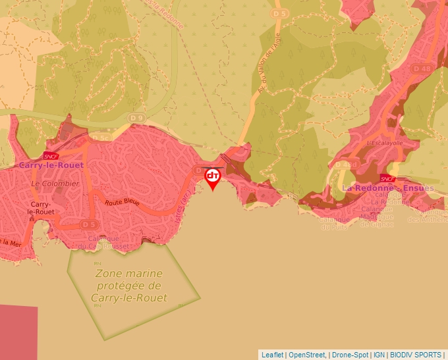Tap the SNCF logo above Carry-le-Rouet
[49, 156]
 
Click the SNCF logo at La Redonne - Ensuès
[387, 178]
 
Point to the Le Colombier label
[55, 184]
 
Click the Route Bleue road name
[122, 203]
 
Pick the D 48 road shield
[422, 68]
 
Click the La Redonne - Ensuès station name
[388, 188]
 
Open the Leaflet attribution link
[273, 355]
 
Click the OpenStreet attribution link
[307, 355]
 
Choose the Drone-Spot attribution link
[350, 355]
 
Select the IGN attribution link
[379, 355]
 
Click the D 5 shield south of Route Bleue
[89, 224]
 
